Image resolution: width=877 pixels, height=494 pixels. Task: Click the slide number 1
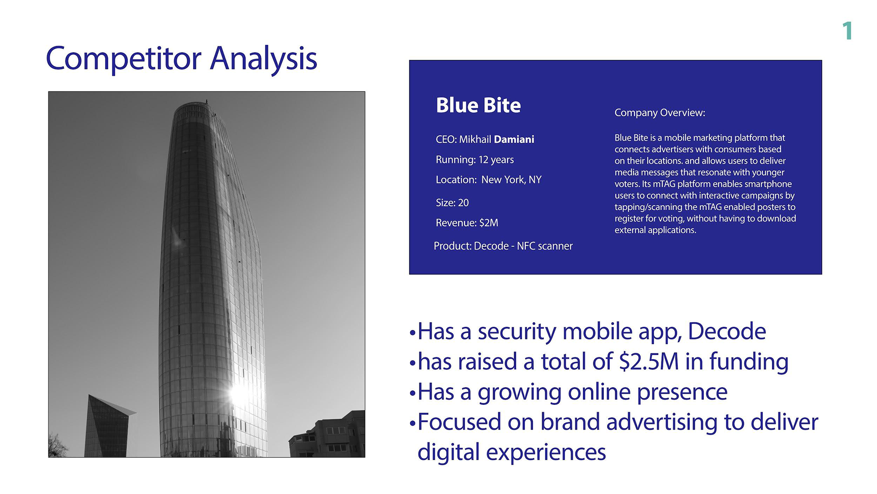pos(848,31)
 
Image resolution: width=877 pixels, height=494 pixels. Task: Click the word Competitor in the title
pos(124,59)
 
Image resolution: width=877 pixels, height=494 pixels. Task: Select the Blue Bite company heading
pos(478,105)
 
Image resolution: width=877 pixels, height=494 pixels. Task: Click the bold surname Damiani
pos(514,139)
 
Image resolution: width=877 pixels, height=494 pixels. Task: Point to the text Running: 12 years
pos(475,160)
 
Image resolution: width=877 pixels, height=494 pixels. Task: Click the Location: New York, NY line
pos(488,180)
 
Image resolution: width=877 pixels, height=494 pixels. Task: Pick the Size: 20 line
pos(452,202)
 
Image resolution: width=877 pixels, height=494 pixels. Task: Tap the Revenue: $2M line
pos(467,223)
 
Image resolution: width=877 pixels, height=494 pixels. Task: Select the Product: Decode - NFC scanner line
pos(503,246)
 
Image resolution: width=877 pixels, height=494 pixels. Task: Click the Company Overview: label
pos(660,113)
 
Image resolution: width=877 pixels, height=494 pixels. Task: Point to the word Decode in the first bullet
pos(727,331)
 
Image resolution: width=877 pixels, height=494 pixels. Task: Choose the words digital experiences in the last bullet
pos(512,452)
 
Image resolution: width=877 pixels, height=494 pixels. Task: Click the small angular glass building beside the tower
pos(109,426)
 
